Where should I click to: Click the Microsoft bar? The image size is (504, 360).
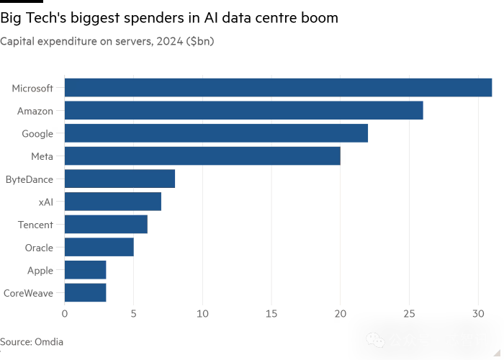click(278, 88)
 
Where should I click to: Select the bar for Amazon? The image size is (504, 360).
click(243, 111)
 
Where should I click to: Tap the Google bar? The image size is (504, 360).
click(216, 133)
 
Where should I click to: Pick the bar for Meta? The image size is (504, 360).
click(202, 156)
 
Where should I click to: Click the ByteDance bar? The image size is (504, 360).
click(120, 179)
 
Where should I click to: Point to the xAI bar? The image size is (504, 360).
click(112, 202)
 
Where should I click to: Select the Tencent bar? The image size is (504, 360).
click(106, 225)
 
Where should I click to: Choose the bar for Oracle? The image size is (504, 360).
click(99, 248)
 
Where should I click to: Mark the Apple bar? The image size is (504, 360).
click(85, 270)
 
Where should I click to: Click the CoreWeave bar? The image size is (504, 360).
click(85, 293)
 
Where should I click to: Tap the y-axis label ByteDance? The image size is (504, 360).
click(30, 179)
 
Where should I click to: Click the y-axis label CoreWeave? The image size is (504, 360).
click(28, 293)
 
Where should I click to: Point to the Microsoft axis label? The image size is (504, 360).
click(32, 88)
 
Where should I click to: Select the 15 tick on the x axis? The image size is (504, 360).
click(271, 314)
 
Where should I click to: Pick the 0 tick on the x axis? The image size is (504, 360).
click(65, 314)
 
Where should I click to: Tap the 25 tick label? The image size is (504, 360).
click(409, 314)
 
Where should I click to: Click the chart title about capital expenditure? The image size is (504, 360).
click(107, 42)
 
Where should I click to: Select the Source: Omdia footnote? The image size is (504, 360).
click(32, 342)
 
